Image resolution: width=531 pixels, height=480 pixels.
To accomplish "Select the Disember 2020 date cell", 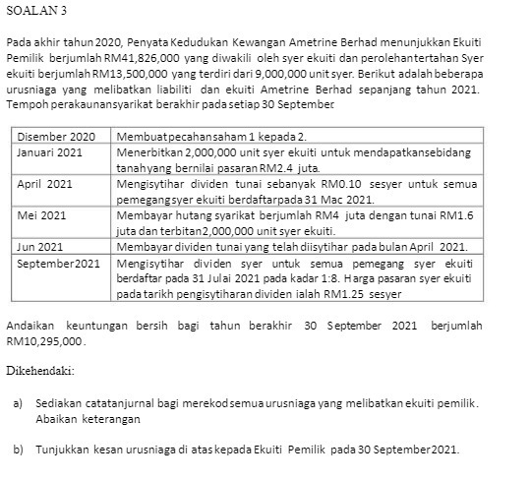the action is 56,135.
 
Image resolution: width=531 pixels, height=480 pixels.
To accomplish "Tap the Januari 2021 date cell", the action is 50,152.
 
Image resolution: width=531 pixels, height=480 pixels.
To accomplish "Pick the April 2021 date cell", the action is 45,183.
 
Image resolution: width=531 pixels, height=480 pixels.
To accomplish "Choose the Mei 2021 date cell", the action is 42,213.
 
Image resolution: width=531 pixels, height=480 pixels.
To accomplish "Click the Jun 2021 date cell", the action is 40,245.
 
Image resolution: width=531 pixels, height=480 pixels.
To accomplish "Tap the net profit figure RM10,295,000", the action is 46,340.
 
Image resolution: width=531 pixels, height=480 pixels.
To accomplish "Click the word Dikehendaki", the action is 40,371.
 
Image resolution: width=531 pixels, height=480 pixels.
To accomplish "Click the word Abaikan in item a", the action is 55,418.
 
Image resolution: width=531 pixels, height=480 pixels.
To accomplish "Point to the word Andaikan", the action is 31,326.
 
